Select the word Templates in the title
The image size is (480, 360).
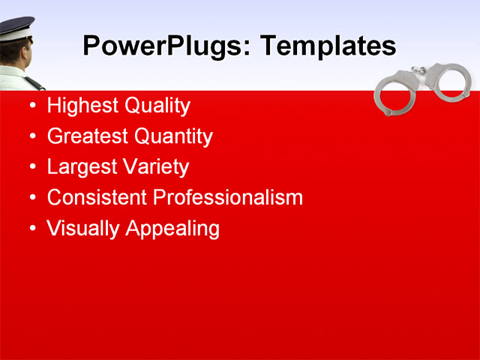pos(327,46)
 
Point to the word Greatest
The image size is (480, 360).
pos(83,136)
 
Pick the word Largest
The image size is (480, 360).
pos(77,167)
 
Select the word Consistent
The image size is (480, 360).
pos(97,198)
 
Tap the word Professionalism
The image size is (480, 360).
pos(228,198)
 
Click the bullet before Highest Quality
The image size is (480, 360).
pos(31,106)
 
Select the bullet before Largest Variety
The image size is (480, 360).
pos(31,167)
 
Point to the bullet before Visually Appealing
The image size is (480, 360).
pos(31,229)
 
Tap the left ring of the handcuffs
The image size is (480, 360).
pos(394,95)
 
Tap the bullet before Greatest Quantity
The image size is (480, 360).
pos(31,136)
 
